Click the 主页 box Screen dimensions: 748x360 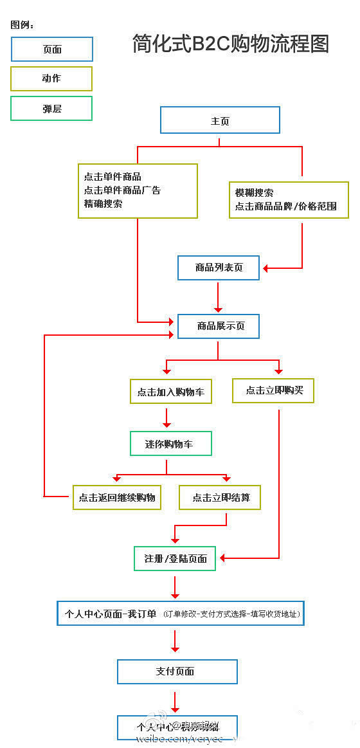tap(220, 120)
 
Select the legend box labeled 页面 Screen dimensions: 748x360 tap(52, 49)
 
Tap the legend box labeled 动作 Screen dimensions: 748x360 tap(52, 78)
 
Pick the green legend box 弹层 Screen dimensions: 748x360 tap(52, 108)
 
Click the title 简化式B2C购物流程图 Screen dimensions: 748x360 tap(230, 44)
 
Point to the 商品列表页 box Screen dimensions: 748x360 tap(219, 268)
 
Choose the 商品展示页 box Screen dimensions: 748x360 tap(219, 326)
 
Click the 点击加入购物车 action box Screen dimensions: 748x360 tap(170, 391)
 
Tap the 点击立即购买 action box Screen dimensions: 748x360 tap(273, 390)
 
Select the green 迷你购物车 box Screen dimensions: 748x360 tap(170, 444)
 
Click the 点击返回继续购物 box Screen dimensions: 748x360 tap(116, 497)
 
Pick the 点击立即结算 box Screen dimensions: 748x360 tap(219, 497)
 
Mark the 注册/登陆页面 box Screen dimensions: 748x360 tap(175, 558)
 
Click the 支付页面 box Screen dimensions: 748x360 tap(177, 671)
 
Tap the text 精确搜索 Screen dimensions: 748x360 tap(103, 204)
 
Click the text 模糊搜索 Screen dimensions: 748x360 tap(254, 192)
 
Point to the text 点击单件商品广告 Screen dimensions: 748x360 tap(122, 190)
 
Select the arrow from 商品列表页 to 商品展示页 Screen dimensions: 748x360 tap(219, 296)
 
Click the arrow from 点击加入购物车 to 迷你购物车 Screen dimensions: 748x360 tap(167, 417)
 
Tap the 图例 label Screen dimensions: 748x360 tap(22, 25)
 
